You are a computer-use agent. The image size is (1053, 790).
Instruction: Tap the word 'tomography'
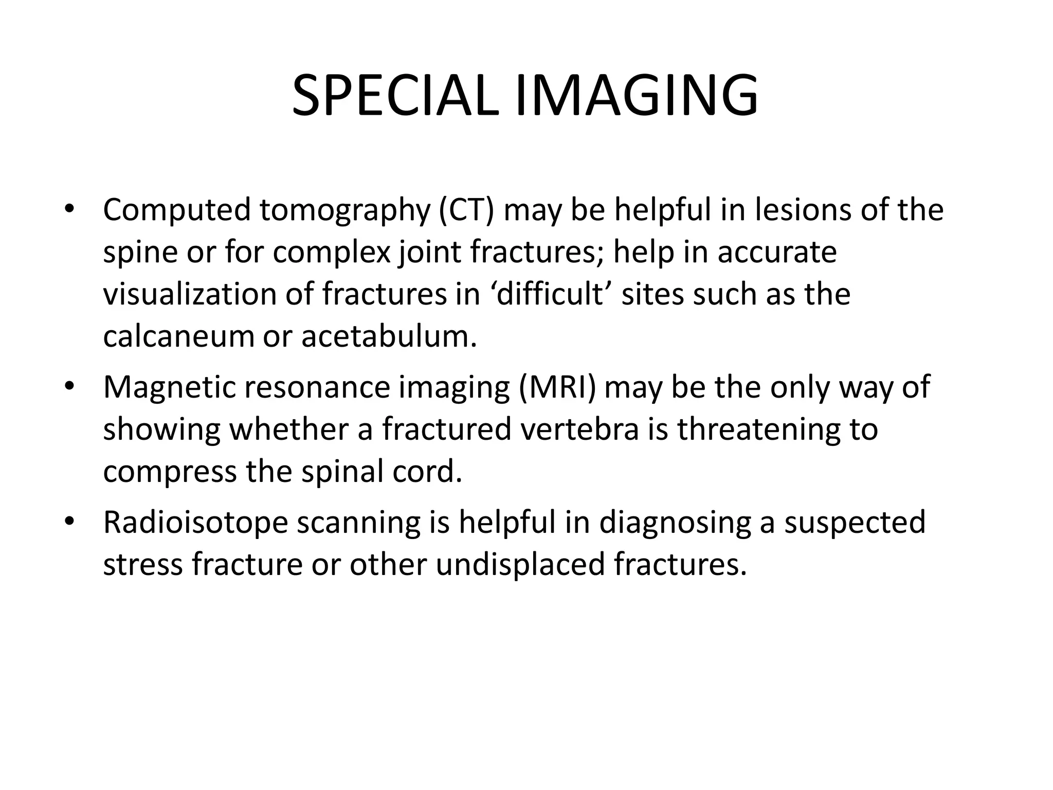[x=344, y=211]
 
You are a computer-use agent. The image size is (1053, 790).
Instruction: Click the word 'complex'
[x=332, y=253]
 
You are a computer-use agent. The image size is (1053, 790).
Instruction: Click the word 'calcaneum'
[x=178, y=336]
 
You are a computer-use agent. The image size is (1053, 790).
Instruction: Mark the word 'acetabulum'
[x=389, y=336]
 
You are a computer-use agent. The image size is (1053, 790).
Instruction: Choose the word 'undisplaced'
[x=521, y=564]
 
